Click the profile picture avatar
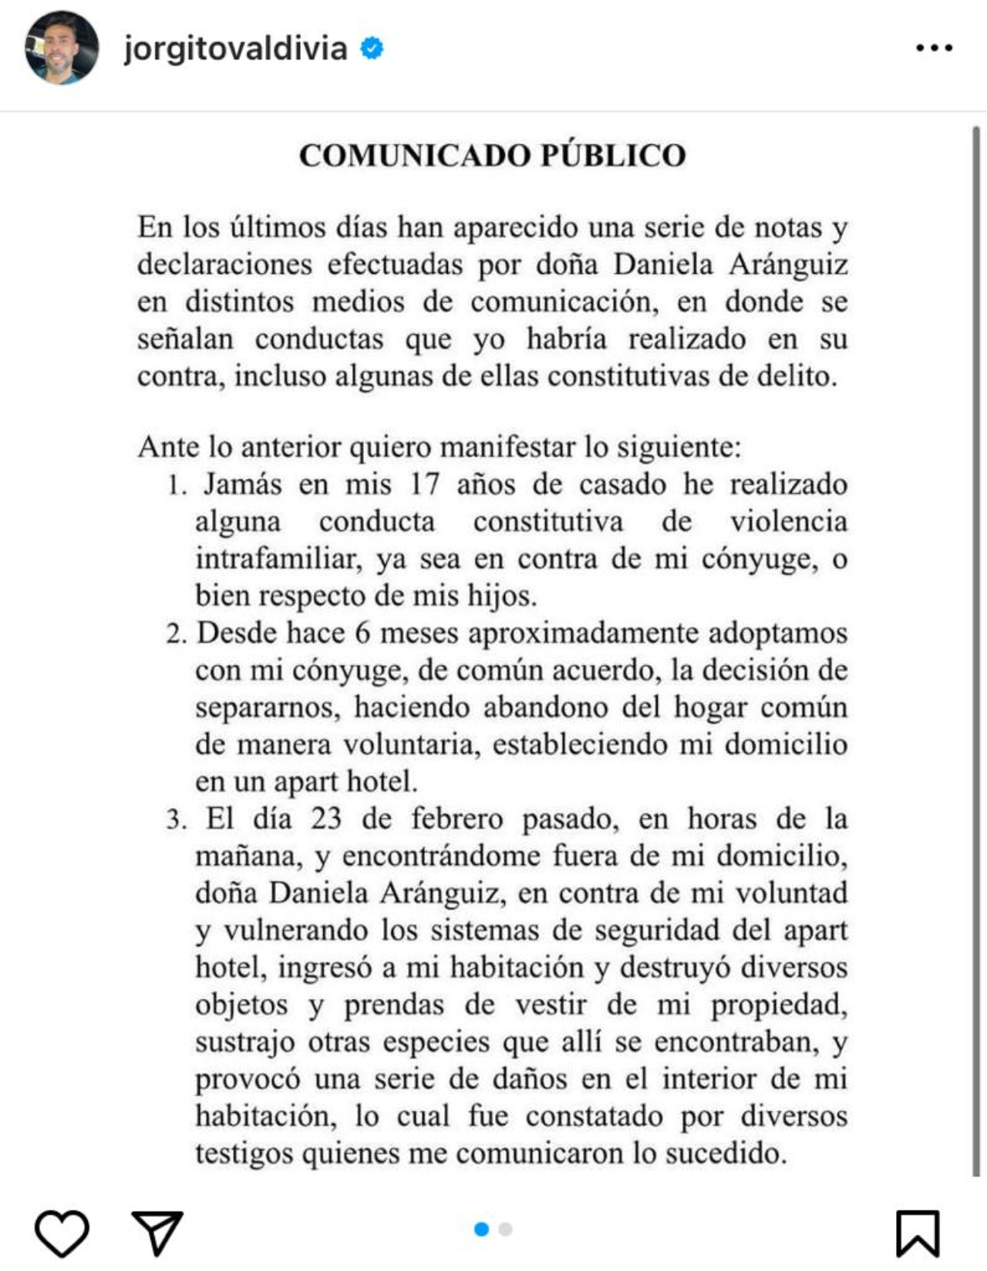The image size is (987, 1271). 62,48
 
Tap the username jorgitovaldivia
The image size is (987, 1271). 235,49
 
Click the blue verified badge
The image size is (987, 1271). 372,49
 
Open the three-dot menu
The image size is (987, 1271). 935,49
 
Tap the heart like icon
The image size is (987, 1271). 62,1232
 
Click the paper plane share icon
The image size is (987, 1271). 157,1232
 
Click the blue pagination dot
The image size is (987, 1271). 482,1229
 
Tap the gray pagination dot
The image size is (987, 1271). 506,1229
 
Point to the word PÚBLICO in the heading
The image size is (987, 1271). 613,156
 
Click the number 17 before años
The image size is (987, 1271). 424,484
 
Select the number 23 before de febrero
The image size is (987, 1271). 326,819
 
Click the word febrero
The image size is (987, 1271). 456,819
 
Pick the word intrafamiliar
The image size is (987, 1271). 278,559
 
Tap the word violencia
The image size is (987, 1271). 788,522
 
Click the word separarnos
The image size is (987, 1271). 267,708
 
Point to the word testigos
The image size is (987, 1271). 244,1154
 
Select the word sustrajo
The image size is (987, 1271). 245,1042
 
